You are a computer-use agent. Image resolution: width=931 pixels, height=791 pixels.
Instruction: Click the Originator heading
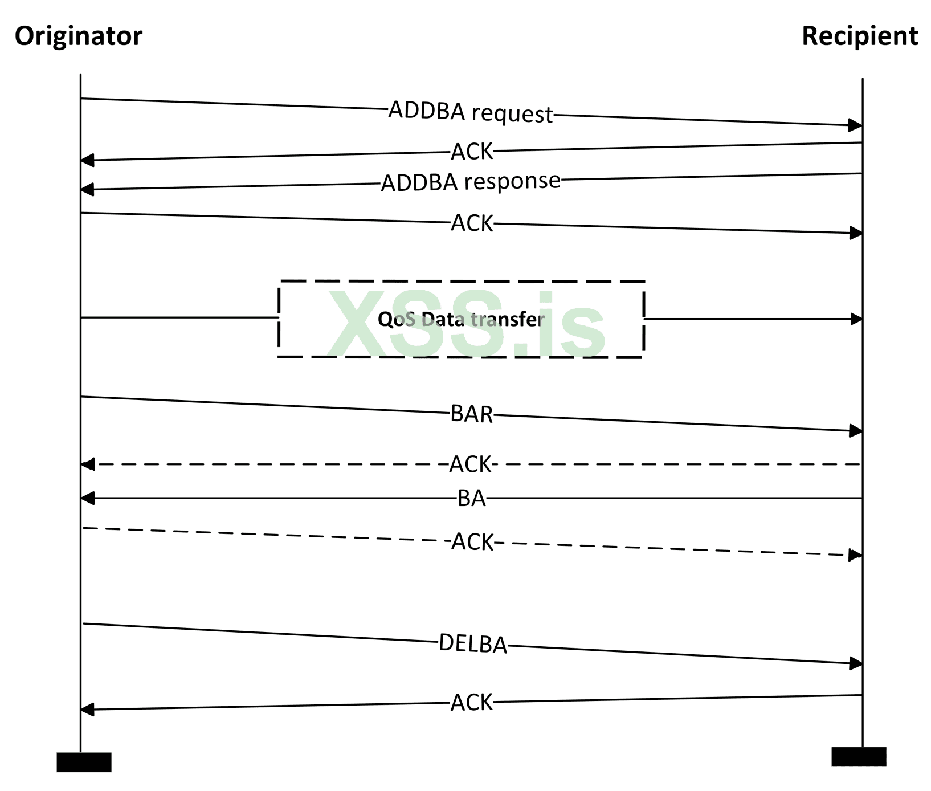[79, 36]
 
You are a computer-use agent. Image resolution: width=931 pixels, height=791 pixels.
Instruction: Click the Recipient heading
[859, 36]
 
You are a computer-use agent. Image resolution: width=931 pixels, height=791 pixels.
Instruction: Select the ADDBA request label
[471, 112]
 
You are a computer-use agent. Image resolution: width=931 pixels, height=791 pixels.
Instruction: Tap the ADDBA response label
[471, 182]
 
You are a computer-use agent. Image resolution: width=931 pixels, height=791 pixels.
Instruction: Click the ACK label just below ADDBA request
[472, 152]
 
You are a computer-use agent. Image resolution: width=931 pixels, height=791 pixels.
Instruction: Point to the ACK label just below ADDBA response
[472, 223]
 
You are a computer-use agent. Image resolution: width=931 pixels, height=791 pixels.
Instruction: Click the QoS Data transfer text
[461, 319]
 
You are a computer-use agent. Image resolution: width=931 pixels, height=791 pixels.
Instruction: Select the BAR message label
[471, 414]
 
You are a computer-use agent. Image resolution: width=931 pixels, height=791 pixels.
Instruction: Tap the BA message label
[471, 499]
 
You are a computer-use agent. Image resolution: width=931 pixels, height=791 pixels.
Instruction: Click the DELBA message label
[473, 644]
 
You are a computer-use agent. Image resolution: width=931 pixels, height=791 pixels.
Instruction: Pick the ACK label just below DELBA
[471, 703]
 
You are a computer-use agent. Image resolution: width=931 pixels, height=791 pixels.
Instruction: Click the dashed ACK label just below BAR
[470, 464]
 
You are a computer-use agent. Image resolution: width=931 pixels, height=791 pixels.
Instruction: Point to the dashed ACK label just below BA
[472, 542]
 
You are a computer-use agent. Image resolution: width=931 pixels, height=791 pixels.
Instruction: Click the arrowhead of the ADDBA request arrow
[855, 125]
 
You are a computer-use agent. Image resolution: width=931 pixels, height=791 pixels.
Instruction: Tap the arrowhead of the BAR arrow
[855, 431]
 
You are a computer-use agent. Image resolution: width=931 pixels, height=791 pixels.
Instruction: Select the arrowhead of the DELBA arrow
[855, 663]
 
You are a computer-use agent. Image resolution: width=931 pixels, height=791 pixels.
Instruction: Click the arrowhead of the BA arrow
[88, 499]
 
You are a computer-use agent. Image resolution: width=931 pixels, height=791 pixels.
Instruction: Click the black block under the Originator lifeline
[84, 762]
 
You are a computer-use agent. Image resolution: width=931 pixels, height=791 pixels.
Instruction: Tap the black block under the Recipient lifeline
[859, 757]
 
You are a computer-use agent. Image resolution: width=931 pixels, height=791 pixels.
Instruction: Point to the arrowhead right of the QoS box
[856, 319]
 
